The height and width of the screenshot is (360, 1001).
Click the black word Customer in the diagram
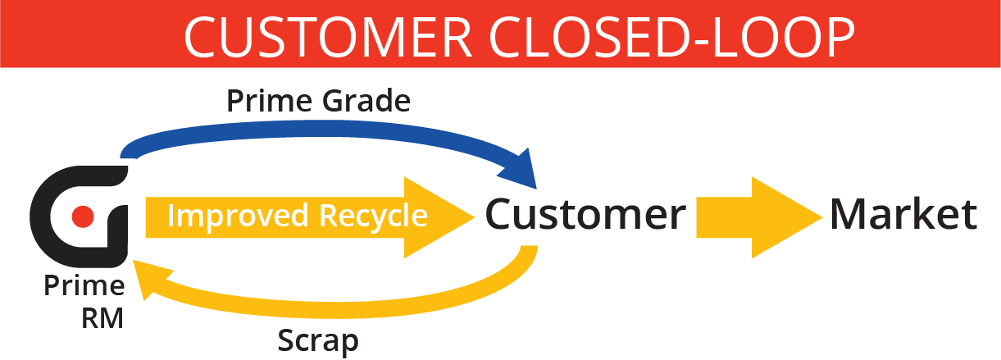pos(585,215)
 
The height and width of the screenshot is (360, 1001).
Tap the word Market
pos(903,214)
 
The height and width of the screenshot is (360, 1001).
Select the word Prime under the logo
pos(84,287)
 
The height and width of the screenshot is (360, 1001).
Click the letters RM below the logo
pos(102,317)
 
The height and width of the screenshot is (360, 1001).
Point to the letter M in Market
pos(849,214)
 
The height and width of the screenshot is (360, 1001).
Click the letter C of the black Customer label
pos(501,215)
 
